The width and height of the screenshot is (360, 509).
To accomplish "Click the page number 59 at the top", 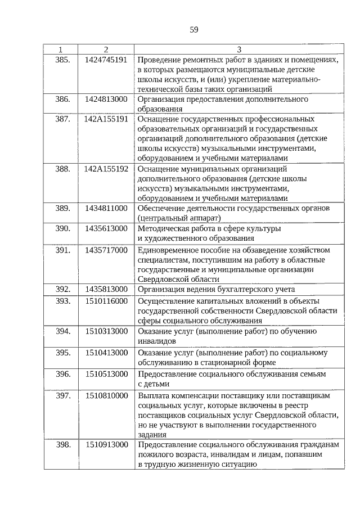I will point(193,29).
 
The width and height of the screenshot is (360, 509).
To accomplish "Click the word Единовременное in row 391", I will point(167,249).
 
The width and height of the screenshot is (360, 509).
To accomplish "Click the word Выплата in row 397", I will point(153,395).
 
